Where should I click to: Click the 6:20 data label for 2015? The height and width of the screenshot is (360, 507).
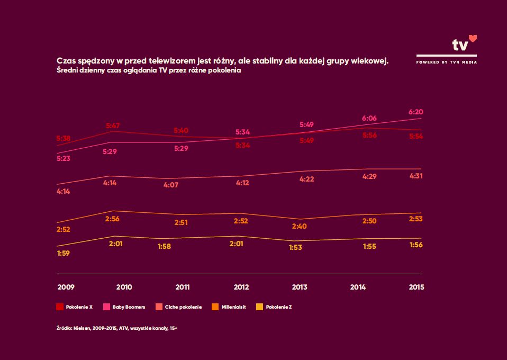416,112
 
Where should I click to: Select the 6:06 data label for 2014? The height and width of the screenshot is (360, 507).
369,119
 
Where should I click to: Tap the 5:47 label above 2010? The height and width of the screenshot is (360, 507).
113,125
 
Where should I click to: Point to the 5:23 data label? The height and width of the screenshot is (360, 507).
63,158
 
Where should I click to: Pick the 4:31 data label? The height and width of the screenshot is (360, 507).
416,176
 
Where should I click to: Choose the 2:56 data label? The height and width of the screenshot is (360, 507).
113,218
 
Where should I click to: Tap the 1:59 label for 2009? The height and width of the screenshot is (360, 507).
63,253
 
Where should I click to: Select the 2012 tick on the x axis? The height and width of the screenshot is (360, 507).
241,287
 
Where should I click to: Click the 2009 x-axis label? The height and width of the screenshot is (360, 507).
66,287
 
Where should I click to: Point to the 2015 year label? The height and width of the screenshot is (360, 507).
416,287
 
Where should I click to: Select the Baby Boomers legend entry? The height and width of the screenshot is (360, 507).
124,307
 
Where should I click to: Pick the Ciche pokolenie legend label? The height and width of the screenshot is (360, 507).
183,307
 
